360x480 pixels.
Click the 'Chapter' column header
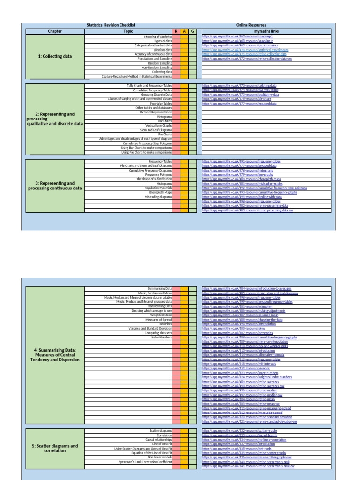(55, 31)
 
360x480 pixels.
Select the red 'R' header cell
(176, 31)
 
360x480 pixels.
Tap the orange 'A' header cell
(184, 31)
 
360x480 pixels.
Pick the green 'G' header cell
(193, 31)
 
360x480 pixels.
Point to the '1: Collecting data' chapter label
(55, 56)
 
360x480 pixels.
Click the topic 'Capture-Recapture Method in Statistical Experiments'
(137, 76)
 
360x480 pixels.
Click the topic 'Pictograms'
(164, 117)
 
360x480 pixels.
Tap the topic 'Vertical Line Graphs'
(158, 126)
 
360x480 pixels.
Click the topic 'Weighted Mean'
(161, 315)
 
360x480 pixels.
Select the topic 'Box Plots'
(165, 324)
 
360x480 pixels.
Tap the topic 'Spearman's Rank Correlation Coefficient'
(145, 462)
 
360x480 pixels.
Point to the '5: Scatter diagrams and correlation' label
(55, 449)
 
